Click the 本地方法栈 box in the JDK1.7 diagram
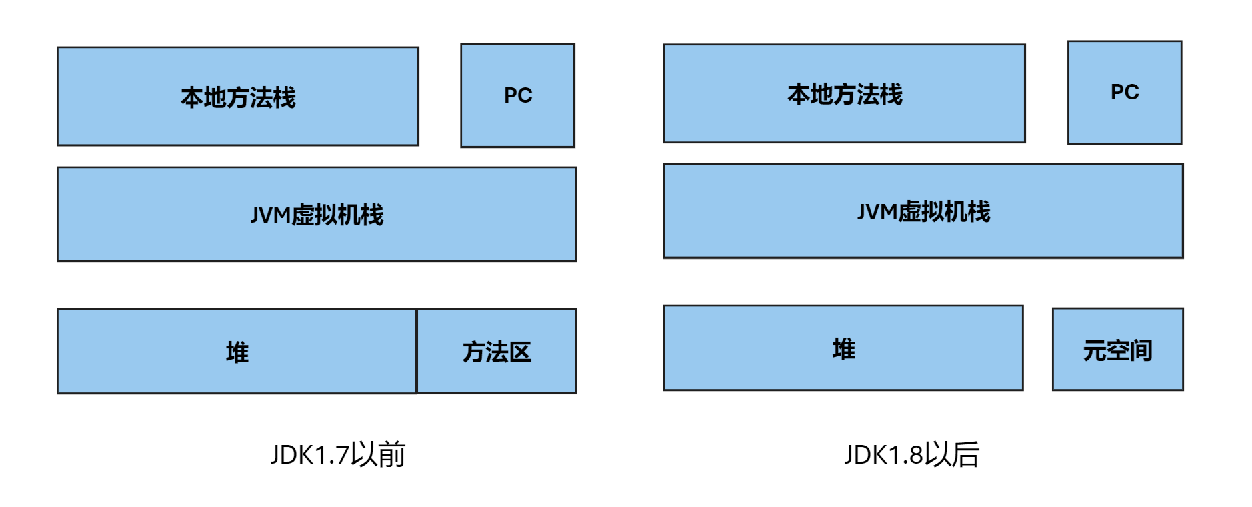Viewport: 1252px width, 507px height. [237, 97]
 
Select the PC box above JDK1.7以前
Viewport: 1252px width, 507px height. [517, 95]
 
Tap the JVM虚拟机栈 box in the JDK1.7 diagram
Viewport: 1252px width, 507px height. [317, 214]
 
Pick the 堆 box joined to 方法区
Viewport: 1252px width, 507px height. [237, 351]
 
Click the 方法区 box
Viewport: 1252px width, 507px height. [497, 351]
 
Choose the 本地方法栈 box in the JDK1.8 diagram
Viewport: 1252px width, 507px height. [844, 93]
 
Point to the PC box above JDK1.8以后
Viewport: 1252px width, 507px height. [1124, 92]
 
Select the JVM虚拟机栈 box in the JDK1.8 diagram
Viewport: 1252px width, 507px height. [923, 211]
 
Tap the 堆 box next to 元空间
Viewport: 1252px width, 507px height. [843, 348]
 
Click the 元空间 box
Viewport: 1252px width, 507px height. [1117, 349]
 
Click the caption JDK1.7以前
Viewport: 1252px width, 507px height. [338, 455]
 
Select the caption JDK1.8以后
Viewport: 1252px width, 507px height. [911, 455]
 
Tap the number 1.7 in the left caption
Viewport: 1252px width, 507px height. [331, 455]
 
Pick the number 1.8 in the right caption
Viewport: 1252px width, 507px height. [905, 455]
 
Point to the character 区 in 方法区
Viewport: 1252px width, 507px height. [520, 352]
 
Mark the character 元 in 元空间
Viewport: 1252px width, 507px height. [1095, 350]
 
